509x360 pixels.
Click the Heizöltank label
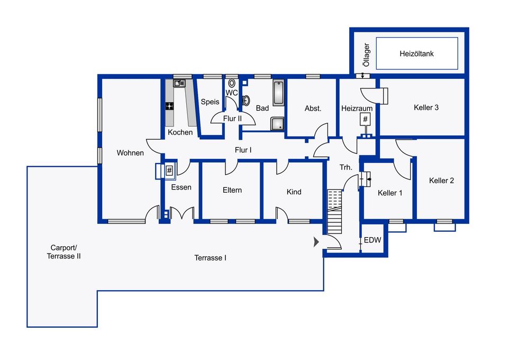416,53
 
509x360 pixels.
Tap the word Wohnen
130,152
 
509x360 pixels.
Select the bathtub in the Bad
278,93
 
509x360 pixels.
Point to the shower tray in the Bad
278,124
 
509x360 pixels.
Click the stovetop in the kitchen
169,106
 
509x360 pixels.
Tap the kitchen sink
179,84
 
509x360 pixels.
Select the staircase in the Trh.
334,212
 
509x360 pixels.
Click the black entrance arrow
316,242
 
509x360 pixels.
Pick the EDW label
372,240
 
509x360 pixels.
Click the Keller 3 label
426,107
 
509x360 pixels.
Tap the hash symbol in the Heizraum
365,119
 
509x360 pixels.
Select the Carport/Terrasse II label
63,252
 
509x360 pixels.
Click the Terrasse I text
211,258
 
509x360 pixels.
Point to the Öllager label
366,55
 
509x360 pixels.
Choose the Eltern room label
232,190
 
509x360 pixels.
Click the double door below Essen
182,213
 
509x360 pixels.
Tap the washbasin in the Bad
246,101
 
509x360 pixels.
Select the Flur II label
232,119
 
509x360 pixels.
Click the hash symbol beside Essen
169,170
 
